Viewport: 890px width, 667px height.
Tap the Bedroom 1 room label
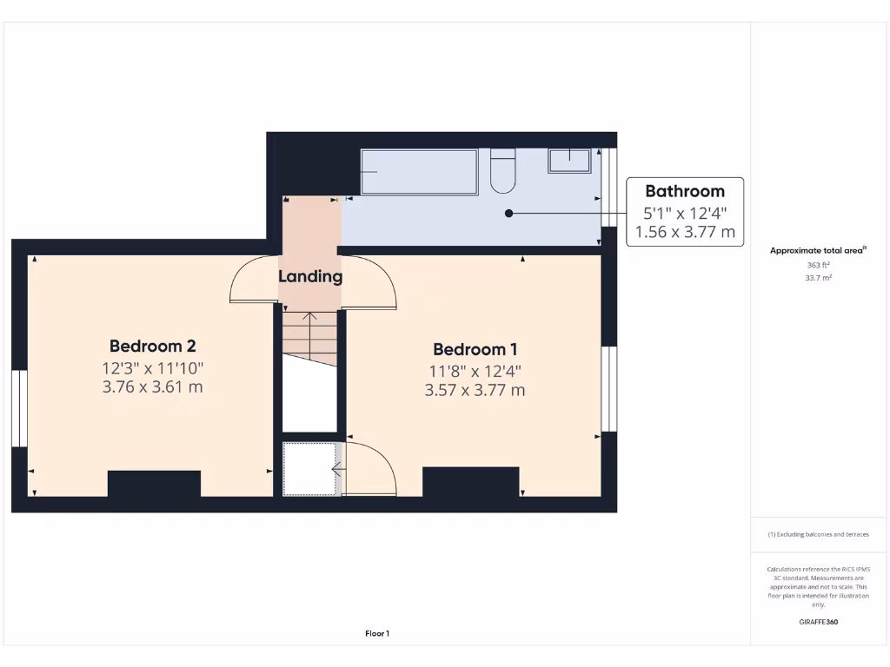(x=475, y=349)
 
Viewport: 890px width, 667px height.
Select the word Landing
(x=310, y=277)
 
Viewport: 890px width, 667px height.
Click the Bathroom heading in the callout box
(x=684, y=191)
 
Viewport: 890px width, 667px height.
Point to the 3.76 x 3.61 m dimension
(x=152, y=387)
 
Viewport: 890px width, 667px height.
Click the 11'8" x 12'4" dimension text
(x=475, y=371)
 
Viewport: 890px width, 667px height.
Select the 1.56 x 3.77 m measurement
(x=684, y=232)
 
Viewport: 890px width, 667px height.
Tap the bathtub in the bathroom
(x=419, y=172)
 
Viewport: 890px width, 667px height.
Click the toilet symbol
(x=502, y=171)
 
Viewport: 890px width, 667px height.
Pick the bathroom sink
(x=569, y=161)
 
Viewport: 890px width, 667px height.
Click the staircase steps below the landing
(x=309, y=334)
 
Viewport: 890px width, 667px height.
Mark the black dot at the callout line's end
(x=509, y=213)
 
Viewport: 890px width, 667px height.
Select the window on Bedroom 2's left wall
(x=18, y=408)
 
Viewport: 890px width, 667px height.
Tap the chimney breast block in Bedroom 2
(x=154, y=484)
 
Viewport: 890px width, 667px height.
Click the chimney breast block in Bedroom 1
(x=470, y=481)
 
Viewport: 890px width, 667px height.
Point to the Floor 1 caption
(x=377, y=634)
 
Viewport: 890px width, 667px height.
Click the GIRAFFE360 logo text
(x=818, y=622)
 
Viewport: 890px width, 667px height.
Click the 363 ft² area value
(x=818, y=265)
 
